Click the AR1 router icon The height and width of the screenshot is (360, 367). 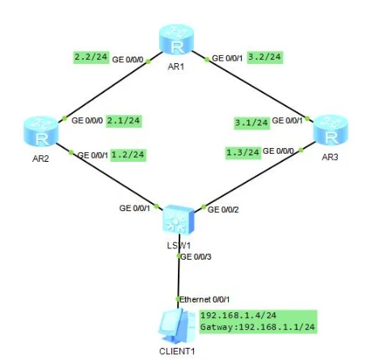tap(176, 40)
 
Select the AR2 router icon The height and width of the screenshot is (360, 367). tap(41, 132)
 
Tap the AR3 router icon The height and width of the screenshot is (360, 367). tap(331, 131)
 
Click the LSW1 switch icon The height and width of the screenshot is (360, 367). tap(179, 220)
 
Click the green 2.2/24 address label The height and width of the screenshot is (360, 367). tap(91, 57)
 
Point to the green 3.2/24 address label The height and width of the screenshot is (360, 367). tap(265, 57)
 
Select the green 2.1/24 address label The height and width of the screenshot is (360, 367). tap(124, 121)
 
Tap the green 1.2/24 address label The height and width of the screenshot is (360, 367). tap(129, 155)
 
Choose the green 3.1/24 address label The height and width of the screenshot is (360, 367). tap(251, 123)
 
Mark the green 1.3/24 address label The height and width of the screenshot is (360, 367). tap(243, 153)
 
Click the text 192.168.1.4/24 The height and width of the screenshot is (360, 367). tap(238, 316)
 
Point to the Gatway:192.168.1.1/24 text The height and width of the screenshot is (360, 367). tap(258, 327)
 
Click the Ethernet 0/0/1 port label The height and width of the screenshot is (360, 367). tap(205, 299)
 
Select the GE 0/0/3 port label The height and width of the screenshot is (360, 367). tap(196, 256)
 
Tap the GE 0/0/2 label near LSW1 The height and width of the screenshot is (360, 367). tap(223, 210)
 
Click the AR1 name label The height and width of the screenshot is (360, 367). tap(176, 66)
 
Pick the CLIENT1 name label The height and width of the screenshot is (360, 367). tap(177, 351)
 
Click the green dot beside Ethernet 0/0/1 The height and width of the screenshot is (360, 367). tap(178, 299)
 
